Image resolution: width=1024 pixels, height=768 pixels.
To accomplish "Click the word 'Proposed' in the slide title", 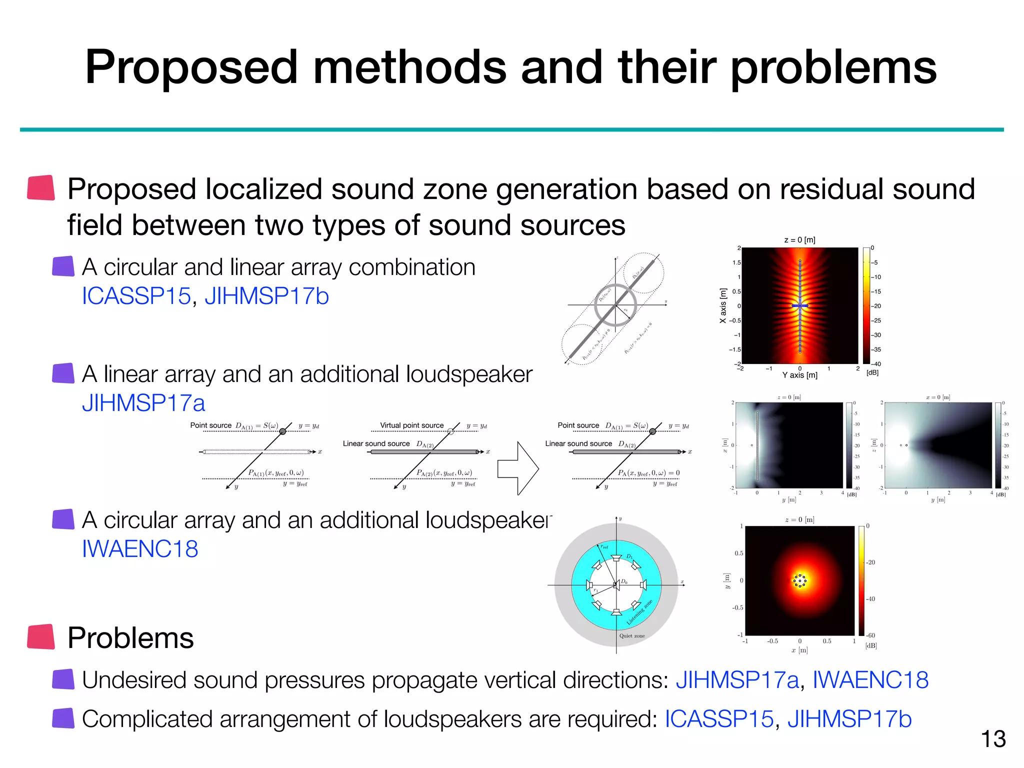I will pos(191,68).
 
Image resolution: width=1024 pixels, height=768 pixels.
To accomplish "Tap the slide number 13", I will pos(993,739).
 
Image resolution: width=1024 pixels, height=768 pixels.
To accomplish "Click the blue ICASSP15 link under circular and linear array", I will pos(136,296).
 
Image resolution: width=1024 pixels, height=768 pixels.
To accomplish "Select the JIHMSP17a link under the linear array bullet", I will pos(143,403).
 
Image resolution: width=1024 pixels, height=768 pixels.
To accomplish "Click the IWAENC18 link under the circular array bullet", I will pos(140,549).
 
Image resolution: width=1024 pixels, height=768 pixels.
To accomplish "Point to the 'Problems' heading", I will pos(130,638).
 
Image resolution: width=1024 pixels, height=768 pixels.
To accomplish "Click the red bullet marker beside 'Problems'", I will pos(41,637).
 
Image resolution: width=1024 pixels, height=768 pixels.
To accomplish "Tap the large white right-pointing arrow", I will pos(518,468).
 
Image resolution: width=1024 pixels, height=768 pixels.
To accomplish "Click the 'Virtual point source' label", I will pos(411,425).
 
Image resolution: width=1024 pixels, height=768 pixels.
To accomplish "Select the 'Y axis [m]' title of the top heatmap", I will pos(799,375).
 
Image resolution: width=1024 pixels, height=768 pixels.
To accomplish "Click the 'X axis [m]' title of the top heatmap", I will pos(722,305).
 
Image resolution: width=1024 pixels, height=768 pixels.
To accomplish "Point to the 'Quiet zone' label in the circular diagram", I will pos(631,636).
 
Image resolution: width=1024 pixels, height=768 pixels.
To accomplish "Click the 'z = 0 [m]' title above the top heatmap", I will pos(799,240).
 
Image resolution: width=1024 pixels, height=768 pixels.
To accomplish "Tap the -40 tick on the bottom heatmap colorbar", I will pos(870,599).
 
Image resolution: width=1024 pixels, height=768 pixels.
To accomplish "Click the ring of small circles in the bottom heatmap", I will pos(799,580).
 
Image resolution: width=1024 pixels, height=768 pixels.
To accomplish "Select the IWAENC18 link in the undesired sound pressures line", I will pos(870,680).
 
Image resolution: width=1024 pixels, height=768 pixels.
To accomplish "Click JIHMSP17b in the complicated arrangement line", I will pos(849,719).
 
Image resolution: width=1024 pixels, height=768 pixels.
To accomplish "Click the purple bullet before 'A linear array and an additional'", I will pos(63,373).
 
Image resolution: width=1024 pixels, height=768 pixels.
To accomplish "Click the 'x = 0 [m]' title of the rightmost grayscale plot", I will pos(937,397).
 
